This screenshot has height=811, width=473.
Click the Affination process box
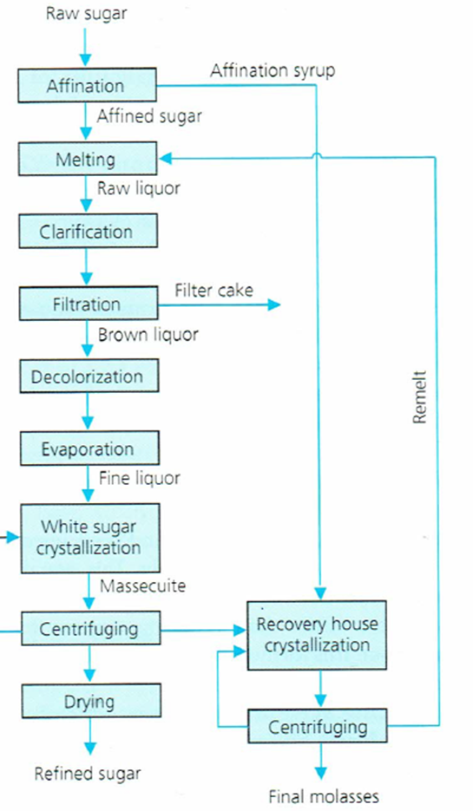[86, 86]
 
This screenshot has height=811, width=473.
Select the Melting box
[86, 159]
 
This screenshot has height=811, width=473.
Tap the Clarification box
[86, 232]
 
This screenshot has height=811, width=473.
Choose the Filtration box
[86, 304]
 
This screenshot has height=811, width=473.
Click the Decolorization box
[86, 376]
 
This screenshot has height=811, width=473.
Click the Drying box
[91, 701]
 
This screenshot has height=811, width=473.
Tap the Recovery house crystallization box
[319, 635]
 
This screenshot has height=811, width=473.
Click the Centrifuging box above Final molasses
[319, 725]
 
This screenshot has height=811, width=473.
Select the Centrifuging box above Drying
[89, 629]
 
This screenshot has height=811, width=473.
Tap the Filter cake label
[214, 290]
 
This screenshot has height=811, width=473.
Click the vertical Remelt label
[420, 397]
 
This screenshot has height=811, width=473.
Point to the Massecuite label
[142, 586]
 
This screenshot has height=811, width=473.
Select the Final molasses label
[324, 795]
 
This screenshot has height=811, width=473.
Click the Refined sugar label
[87, 772]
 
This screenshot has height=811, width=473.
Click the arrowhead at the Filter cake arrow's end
[275, 304]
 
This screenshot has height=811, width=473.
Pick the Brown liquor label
[148, 333]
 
